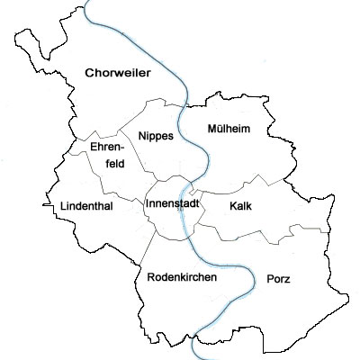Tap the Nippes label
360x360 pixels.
157,136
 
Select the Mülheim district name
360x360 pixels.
229,129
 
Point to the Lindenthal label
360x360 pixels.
86,206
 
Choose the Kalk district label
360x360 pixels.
241,206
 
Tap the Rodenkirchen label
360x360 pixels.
181,278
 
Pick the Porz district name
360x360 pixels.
278,279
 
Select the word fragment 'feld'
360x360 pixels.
115,163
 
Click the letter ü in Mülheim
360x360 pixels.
218,129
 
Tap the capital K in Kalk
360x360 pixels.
233,206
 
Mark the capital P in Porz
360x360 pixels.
270,279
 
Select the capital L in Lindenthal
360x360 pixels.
63,206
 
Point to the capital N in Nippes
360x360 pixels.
143,136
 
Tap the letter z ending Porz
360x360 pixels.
287,279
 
